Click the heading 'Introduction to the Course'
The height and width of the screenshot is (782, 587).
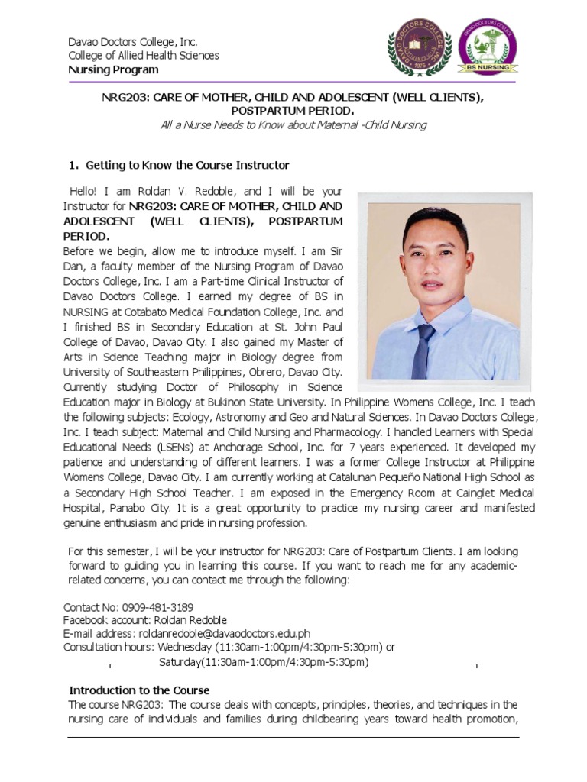point(139,690)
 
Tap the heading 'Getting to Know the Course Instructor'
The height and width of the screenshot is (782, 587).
point(187,165)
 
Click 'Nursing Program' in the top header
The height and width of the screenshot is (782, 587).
point(113,69)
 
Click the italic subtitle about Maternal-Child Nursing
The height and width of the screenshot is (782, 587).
point(293,124)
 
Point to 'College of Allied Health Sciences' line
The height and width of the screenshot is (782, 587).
point(143,56)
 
